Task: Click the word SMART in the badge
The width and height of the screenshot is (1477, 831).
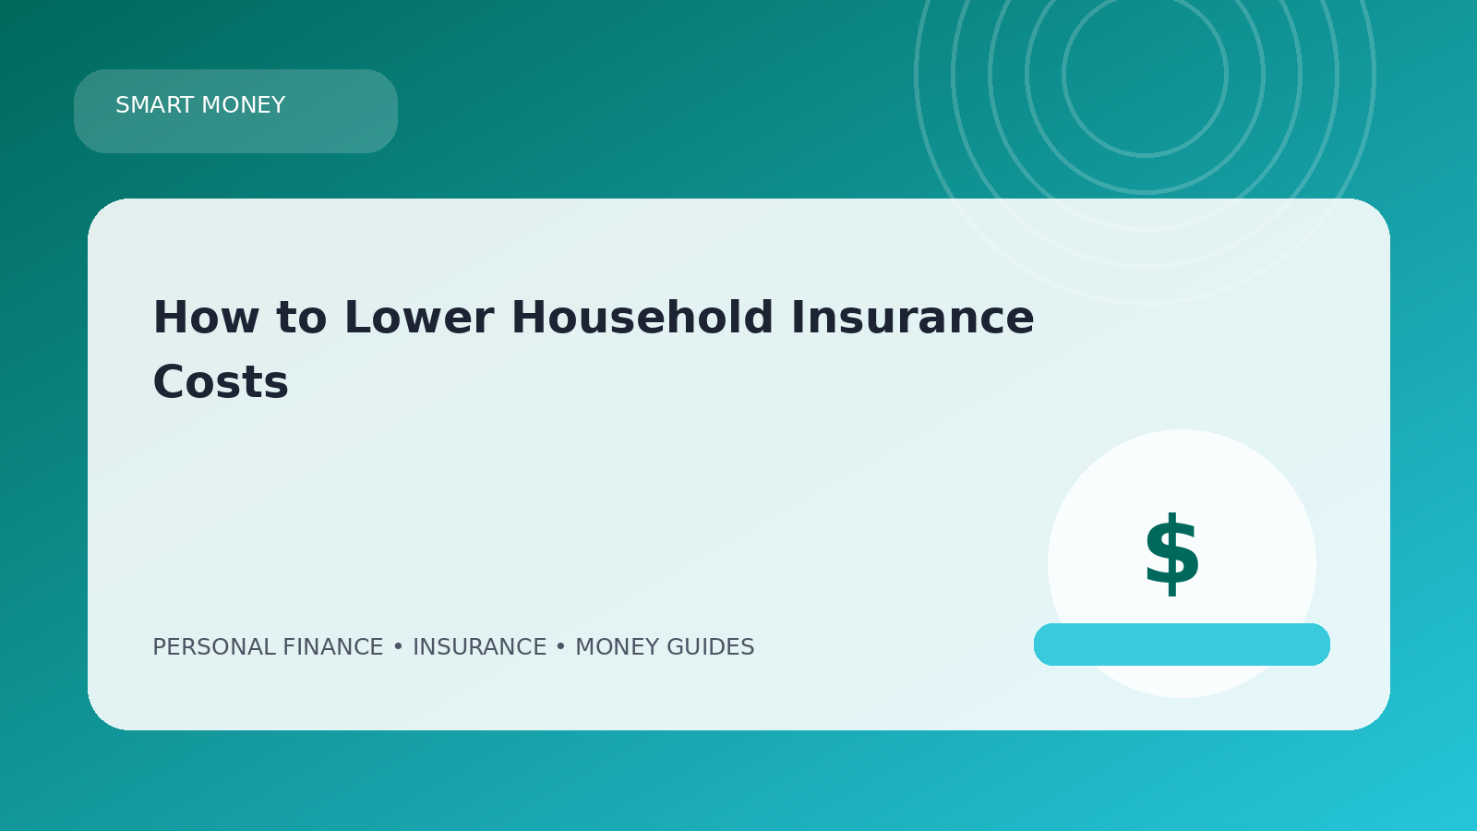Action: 155,105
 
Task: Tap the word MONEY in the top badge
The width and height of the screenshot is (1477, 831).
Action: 244,105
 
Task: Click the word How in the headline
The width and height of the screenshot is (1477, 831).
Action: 206,318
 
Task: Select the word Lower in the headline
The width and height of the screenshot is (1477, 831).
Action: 419,318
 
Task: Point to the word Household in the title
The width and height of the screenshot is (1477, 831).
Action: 642,318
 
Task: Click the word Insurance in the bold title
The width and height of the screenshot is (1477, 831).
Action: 913,318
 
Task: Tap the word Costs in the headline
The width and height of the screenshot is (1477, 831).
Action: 221,382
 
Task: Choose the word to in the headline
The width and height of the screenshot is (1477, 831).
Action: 301,319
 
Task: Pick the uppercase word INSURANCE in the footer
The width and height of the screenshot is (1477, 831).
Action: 479,647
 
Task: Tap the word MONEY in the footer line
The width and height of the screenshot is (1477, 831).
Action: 618,647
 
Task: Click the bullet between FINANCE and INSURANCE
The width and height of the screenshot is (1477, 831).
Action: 398,647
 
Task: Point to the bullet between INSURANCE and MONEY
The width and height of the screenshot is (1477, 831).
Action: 561,647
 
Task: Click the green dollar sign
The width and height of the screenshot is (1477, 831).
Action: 1171,554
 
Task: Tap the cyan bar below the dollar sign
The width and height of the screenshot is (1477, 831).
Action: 1182,644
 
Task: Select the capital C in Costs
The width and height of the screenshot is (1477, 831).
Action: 169,382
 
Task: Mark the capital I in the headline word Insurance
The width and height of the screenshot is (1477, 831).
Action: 796,318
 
